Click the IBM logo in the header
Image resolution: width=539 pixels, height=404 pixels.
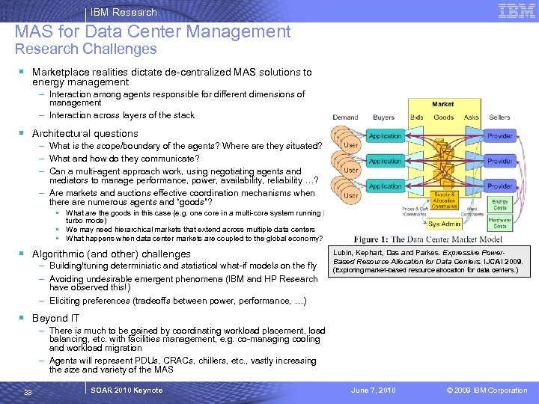point(517,10)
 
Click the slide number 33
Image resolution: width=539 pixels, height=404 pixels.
point(28,391)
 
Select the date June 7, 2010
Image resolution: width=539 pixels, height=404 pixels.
point(374,391)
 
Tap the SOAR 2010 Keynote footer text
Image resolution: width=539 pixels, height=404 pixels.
point(126,391)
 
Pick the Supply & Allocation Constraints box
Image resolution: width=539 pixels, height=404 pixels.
point(444,201)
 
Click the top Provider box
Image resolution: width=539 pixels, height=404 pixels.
point(499,136)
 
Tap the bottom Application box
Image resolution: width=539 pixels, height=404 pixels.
point(385,186)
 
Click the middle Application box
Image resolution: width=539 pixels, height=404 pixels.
point(385,161)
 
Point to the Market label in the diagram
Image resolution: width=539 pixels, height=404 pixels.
point(442,104)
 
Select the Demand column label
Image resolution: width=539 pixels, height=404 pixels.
point(345,117)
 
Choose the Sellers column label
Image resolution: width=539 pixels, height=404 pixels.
point(499,117)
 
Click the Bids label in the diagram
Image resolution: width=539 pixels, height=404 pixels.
point(416,117)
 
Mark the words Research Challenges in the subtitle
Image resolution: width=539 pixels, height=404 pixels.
point(86,49)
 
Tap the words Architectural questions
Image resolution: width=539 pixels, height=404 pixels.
point(85,133)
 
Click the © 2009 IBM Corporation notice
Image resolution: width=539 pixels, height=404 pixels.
point(487,391)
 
